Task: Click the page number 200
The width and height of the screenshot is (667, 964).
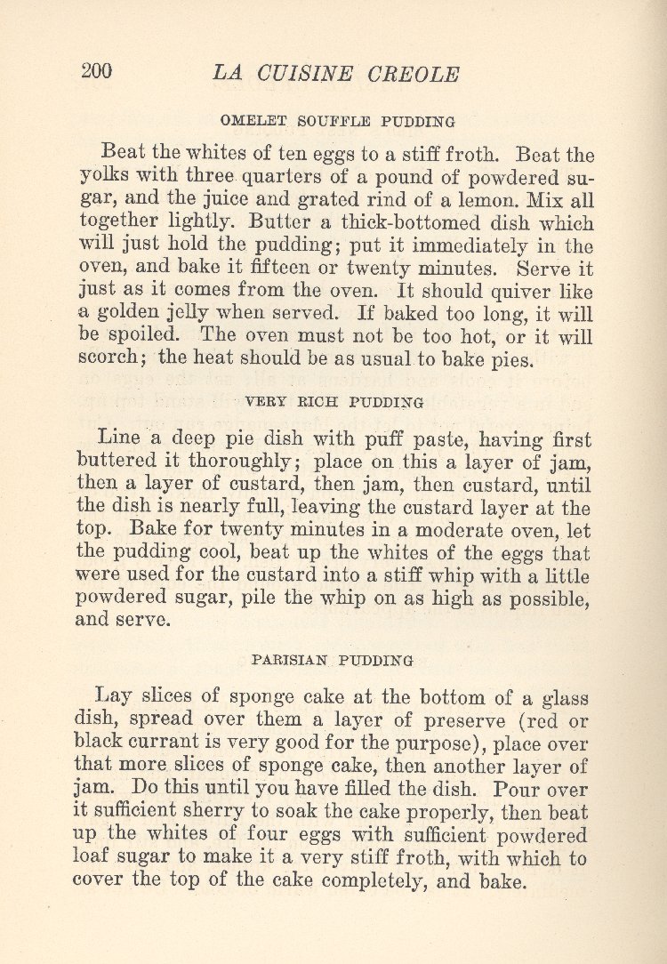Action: pyautogui.click(x=96, y=72)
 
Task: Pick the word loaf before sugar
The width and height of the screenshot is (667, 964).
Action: pyautogui.click(x=92, y=860)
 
